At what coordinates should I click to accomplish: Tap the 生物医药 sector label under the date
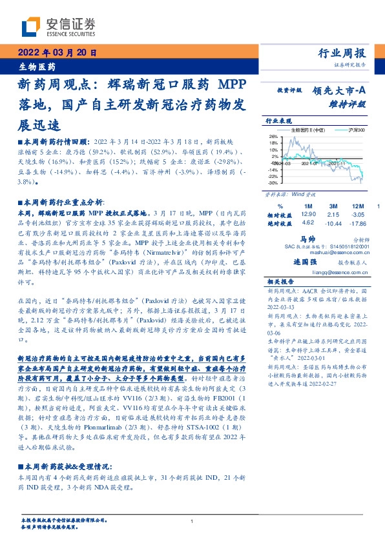[36, 66]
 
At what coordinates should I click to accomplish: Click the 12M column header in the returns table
[357, 204]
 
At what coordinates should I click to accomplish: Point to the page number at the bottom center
[192, 521]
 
